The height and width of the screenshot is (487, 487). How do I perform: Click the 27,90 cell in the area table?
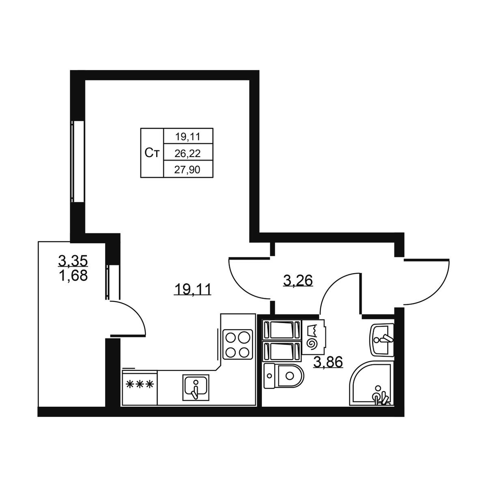point(187,170)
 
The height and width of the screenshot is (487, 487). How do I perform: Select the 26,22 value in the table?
point(187,153)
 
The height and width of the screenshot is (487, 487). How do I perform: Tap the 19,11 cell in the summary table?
point(188,137)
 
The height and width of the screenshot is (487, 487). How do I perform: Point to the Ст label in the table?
point(152,153)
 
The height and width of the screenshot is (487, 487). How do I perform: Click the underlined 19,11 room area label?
point(193,290)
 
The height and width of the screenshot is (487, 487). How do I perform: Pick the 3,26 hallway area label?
point(298,281)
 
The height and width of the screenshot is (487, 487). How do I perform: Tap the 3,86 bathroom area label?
point(328,362)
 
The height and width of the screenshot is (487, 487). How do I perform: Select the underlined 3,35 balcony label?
point(73,261)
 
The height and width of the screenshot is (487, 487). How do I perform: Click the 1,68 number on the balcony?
point(73,276)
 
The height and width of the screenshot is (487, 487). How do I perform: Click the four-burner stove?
point(237,344)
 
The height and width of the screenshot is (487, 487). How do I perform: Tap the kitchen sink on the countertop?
point(196,388)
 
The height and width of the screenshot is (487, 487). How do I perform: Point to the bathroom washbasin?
point(381,340)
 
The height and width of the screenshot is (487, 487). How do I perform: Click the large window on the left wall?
point(78,162)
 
